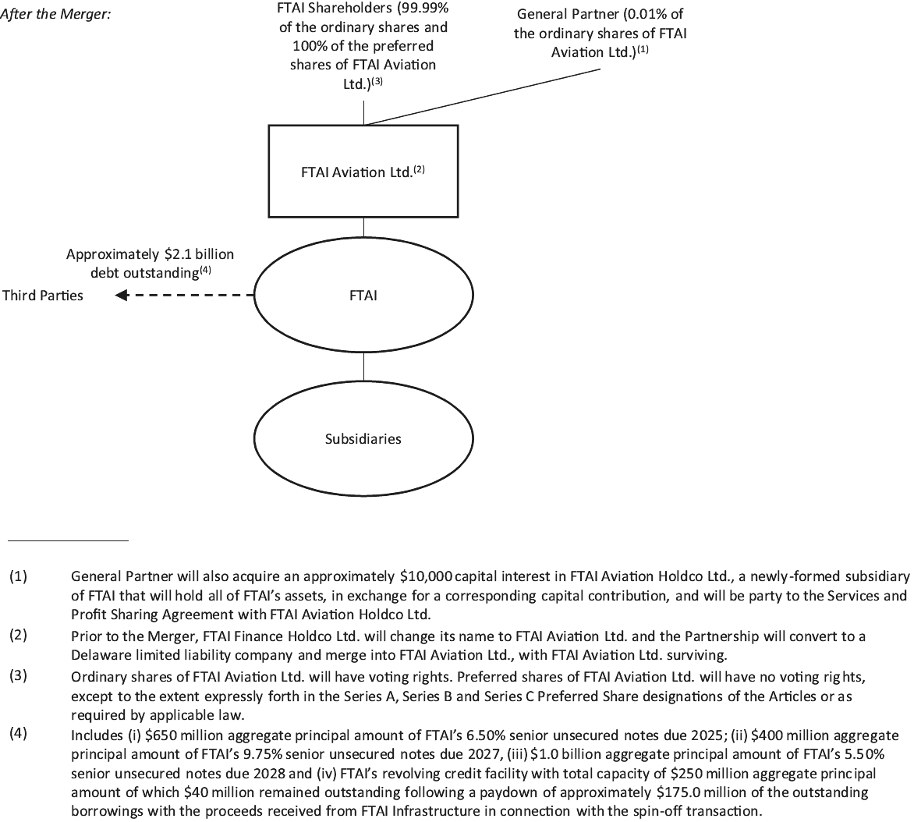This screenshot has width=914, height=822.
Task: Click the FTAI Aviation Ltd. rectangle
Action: point(363,172)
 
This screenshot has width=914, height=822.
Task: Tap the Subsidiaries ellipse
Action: point(363,438)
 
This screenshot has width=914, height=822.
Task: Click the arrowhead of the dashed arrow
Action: point(121,296)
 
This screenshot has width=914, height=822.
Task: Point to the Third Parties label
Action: point(43,296)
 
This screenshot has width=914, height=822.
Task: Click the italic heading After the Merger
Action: point(55,14)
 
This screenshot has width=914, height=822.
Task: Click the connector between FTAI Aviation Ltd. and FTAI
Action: point(363,227)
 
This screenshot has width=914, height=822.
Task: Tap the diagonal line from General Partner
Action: point(484,96)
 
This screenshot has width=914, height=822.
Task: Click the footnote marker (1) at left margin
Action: point(18,576)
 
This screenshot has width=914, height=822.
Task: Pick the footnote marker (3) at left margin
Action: point(18,675)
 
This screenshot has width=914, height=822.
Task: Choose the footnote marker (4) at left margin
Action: point(18,734)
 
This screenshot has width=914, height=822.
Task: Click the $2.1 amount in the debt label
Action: point(179,254)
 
